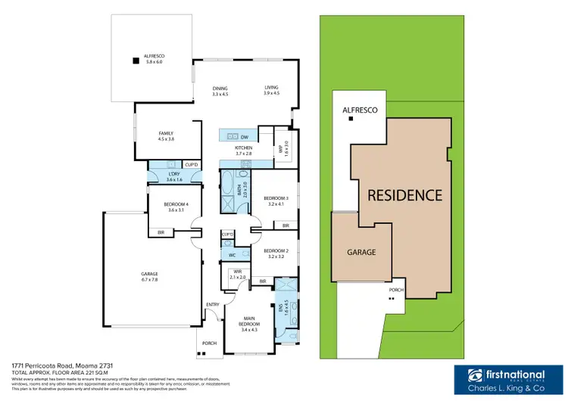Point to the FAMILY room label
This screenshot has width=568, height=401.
(x=167, y=135)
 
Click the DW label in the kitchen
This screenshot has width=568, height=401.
(x=245, y=136)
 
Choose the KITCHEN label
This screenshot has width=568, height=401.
(x=242, y=150)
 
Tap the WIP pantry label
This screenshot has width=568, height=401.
(x=286, y=146)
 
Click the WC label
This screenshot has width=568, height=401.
(x=233, y=256)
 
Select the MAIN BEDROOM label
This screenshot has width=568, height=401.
(x=249, y=322)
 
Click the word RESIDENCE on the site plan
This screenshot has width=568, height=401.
(x=404, y=195)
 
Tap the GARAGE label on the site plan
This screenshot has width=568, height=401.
(x=361, y=252)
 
